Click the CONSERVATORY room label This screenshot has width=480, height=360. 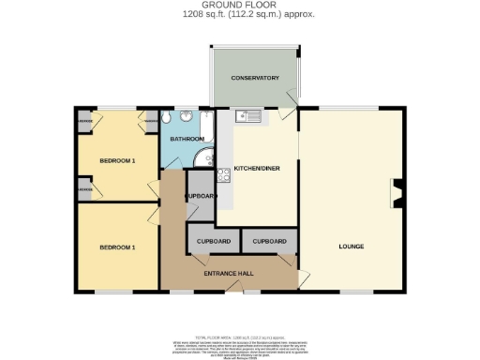[x=256, y=78]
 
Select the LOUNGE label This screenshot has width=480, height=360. [x=352, y=247]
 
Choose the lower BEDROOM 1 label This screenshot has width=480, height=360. [x=118, y=247]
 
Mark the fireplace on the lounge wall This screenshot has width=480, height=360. [x=398, y=193]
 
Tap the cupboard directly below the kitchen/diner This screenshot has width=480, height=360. [x=269, y=241]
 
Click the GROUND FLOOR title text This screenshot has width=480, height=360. [x=240, y=6]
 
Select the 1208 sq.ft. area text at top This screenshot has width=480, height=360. [x=240, y=15]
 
